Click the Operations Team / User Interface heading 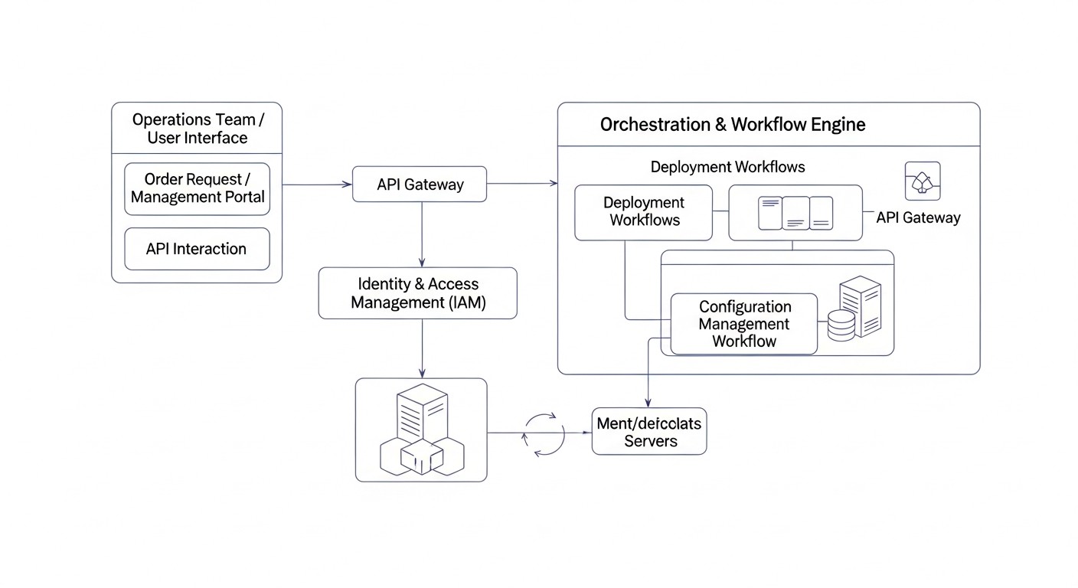point(197,129)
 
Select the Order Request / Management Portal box point(197,188)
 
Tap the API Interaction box point(197,249)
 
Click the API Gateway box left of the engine point(420,185)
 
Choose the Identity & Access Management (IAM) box point(418,293)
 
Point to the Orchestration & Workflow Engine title point(733,124)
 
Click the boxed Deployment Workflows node point(643,212)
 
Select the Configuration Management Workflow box point(743,324)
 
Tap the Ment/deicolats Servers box point(649,432)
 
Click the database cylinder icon point(841,326)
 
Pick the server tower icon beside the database point(861,306)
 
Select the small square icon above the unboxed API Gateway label point(923,181)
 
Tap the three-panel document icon point(795,213)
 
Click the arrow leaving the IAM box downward point(422,348)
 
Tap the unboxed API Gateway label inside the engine point(918,217)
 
